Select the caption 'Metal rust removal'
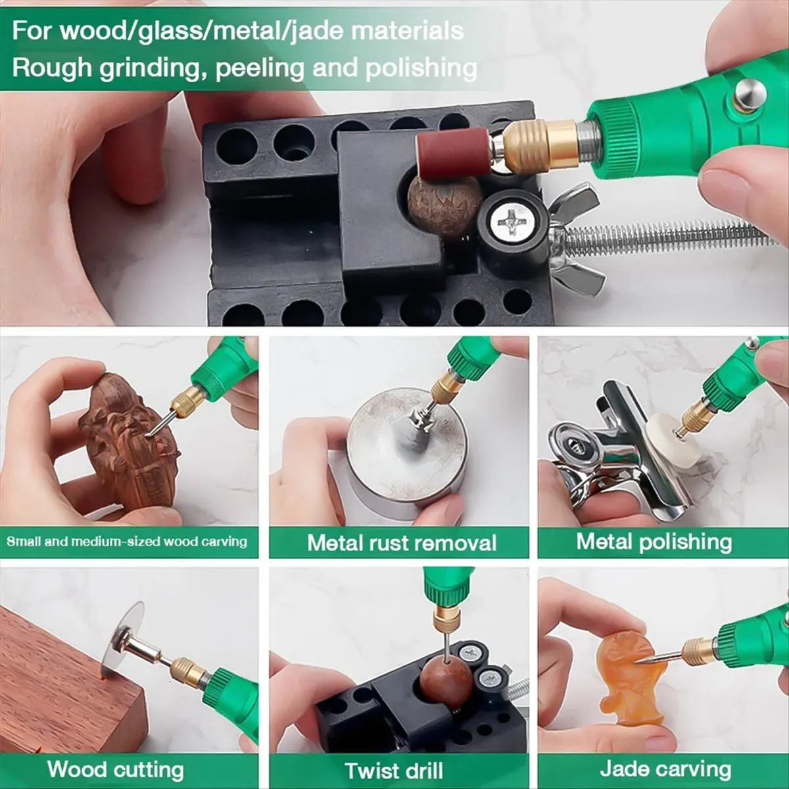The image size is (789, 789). pyautogui.click(x=402, y=543)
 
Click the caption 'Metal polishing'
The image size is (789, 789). pyautogui.click(x=654, y=542)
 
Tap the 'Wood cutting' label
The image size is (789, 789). pyautogui.click(x=116, y=769)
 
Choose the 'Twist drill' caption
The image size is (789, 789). pyautogui.click(x=394, y=770)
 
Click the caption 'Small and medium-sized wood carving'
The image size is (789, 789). pyautogui.click(x=127, y=542)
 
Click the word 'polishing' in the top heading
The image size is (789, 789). pyautogui.click(x=421, y=68)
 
